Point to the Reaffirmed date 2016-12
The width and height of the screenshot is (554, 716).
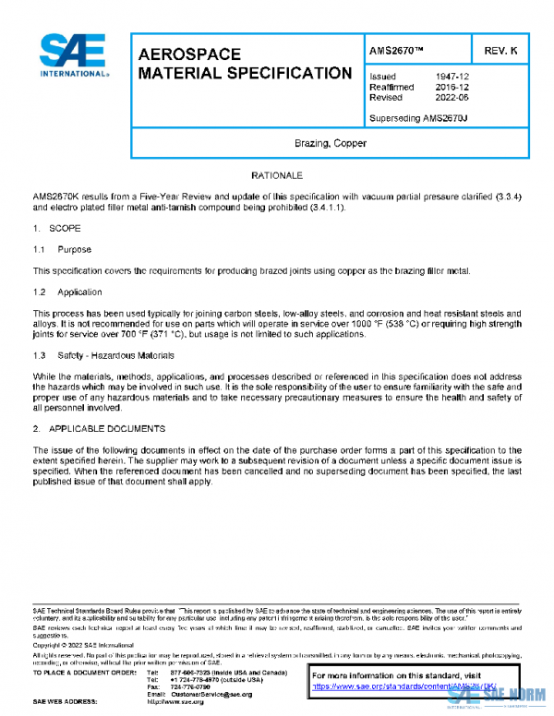(x=450, y=87)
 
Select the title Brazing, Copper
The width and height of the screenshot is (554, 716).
(x=330, y=143)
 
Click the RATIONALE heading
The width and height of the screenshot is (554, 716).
(x=277, y=174)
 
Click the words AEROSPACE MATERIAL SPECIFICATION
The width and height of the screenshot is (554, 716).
(x=244, y=64)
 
